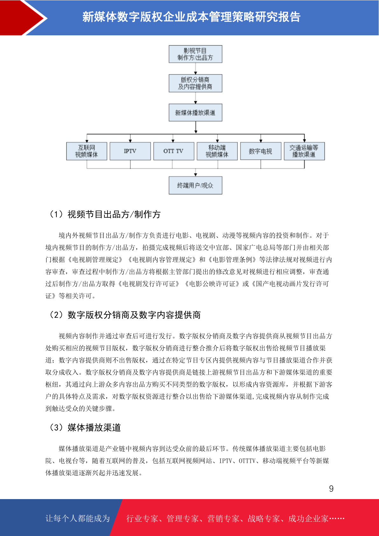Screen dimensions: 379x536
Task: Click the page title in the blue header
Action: click(192, 17)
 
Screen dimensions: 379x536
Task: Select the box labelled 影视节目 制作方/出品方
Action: click(195, 54)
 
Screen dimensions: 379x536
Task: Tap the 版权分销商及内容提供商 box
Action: click(195, 83)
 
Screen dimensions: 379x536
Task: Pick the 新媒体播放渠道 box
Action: click(195, 112)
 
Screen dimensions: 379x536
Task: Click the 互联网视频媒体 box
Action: click(87, 151)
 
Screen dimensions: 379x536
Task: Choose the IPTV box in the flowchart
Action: click(130, 151)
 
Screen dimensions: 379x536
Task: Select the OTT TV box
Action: click(174, 151)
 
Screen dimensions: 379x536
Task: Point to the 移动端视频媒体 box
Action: click(217, 151)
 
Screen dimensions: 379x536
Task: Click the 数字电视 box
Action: click(261, 151)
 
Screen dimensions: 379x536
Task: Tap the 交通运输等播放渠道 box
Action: click(304, 151)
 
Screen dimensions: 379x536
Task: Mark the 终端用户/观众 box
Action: click(195, 186)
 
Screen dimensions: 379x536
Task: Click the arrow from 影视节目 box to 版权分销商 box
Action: click(195, 69)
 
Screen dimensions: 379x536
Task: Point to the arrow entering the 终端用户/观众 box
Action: click(195, 173)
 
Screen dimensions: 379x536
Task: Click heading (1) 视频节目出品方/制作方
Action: click(105, 215)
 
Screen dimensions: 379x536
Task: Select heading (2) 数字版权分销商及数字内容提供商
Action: click(125, 315)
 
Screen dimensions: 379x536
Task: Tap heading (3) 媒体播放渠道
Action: click(85, 427)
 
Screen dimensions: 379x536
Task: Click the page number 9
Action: click(331, 489)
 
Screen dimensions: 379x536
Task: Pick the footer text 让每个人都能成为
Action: click(78, 518)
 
